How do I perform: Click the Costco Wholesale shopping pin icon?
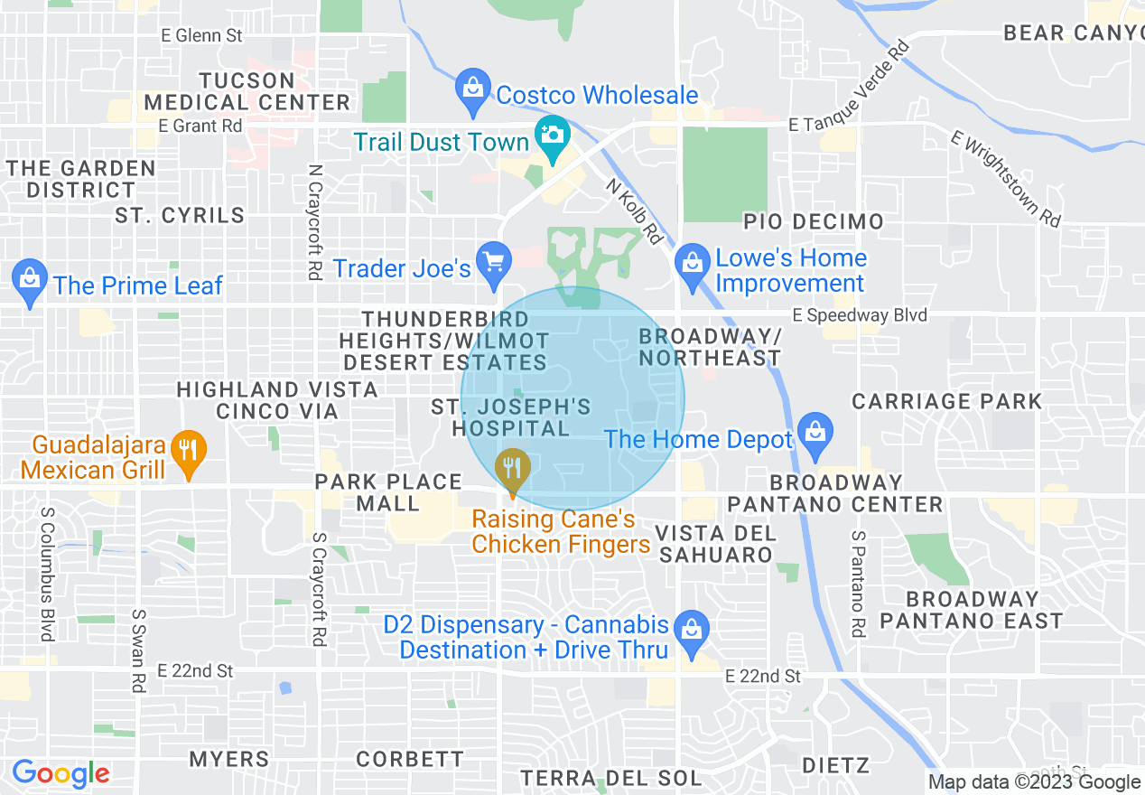(472, 89)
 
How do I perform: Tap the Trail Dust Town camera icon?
(551, 136)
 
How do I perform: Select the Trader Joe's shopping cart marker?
(493, 262)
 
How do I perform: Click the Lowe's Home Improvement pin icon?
(693, 264)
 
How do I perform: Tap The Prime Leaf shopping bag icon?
(31, 280)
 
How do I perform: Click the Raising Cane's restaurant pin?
(513, 469)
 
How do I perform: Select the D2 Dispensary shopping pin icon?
(692, 631)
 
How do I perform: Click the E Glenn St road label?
(202, 36)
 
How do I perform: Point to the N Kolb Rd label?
(634, 210)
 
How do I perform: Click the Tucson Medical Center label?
(247, 91)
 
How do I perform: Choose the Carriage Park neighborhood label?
(946, 401)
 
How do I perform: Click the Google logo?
(61, 773)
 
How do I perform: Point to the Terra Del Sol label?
(610, 778)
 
